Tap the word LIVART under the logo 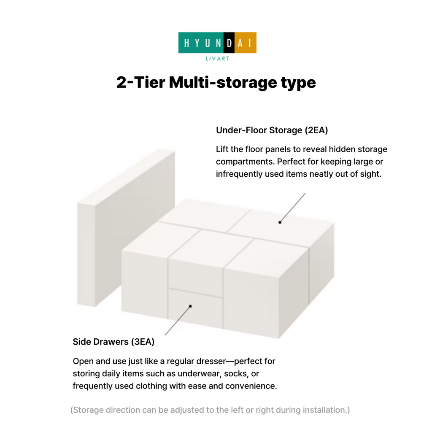pyautogui.click(x=217, y=58)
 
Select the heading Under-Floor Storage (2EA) pyautogui.click(x=272, y=130)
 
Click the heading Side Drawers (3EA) pyautogui.click(x=113, y=342)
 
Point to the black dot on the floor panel pyautogui.click(x=280, y=222)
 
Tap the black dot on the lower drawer pyautogui.click(x=190, y=306)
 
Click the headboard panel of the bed pyautogui.click(x=126, y=227)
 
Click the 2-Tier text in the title pyautogui.click(x=141, y=82)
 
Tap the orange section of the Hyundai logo pyautogui.click(x=246, y=43)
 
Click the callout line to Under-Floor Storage pyautogui.click(x=293, y=208)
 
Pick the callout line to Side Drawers pyautogui.click(x=178, y=321)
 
